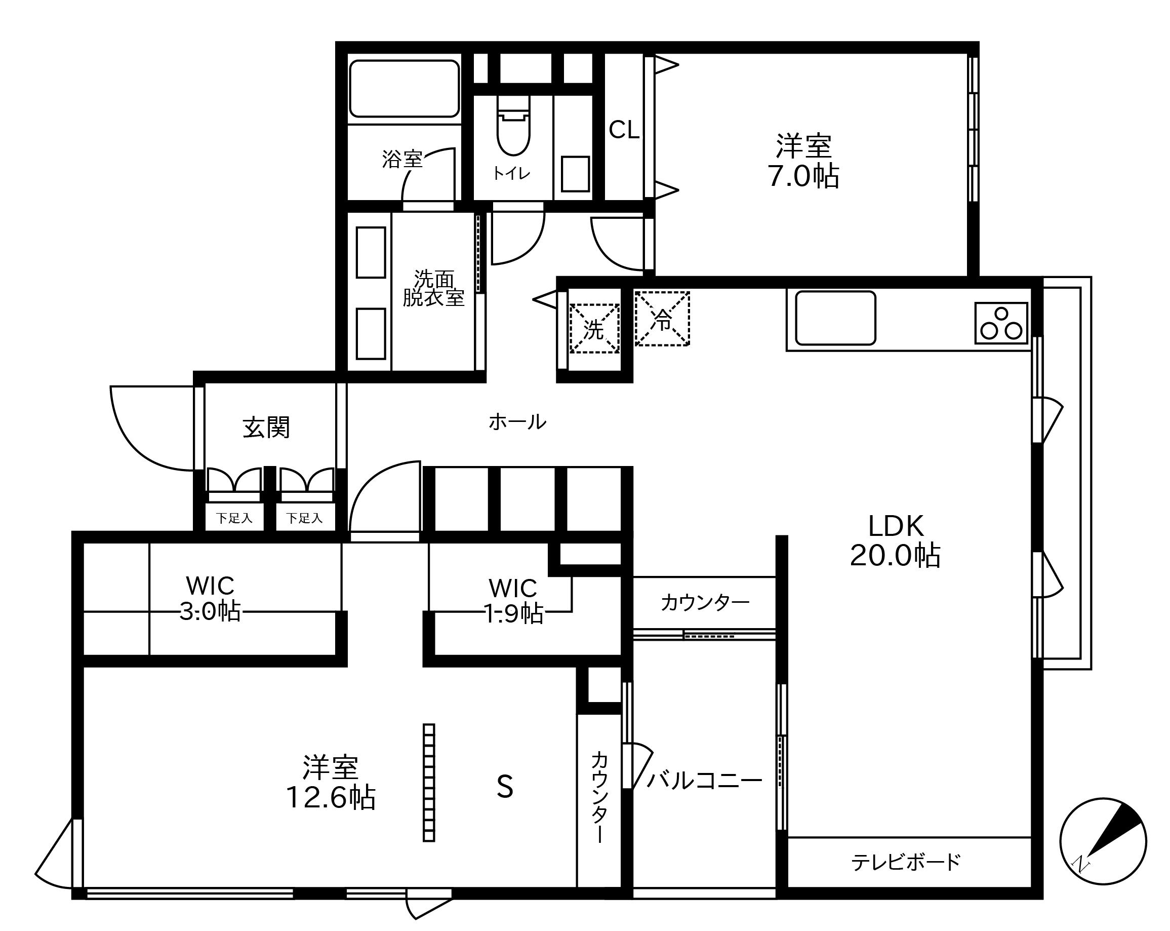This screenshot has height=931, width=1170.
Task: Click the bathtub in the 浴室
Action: click(x=405, y=89)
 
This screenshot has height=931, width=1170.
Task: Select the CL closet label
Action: click(x=624, y=130)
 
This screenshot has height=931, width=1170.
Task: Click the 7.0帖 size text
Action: click(x=803, y=176)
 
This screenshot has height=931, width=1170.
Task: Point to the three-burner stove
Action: click(x=1001, y=323)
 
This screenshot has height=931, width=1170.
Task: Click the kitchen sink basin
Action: click(x=836, y=318)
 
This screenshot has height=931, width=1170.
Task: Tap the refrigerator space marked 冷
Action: click(x=662, y=319)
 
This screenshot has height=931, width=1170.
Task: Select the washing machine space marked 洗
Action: click(x=594, y=328)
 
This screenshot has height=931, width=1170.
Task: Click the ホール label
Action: click(x=517, y=422)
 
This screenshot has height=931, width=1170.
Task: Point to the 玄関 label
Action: click(x=266, y=427)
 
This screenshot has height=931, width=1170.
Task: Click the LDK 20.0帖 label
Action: click(x=896, y=540)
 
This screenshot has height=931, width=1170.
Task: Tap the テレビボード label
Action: click(x=906, y=862)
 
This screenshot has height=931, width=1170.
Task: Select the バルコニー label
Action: click(x=704, y=781)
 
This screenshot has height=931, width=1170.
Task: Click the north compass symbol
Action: click(x=1103, y=841)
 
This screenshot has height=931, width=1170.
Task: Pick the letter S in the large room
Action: click(x=505, y=787)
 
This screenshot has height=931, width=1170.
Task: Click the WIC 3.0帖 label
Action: click(x=210, y=599)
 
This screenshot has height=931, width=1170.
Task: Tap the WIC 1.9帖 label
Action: click(x=513, y=601)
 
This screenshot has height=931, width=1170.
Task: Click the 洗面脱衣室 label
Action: click(x=433, y=288)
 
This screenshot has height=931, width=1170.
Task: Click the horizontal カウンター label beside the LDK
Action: click(x=705, y=603)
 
